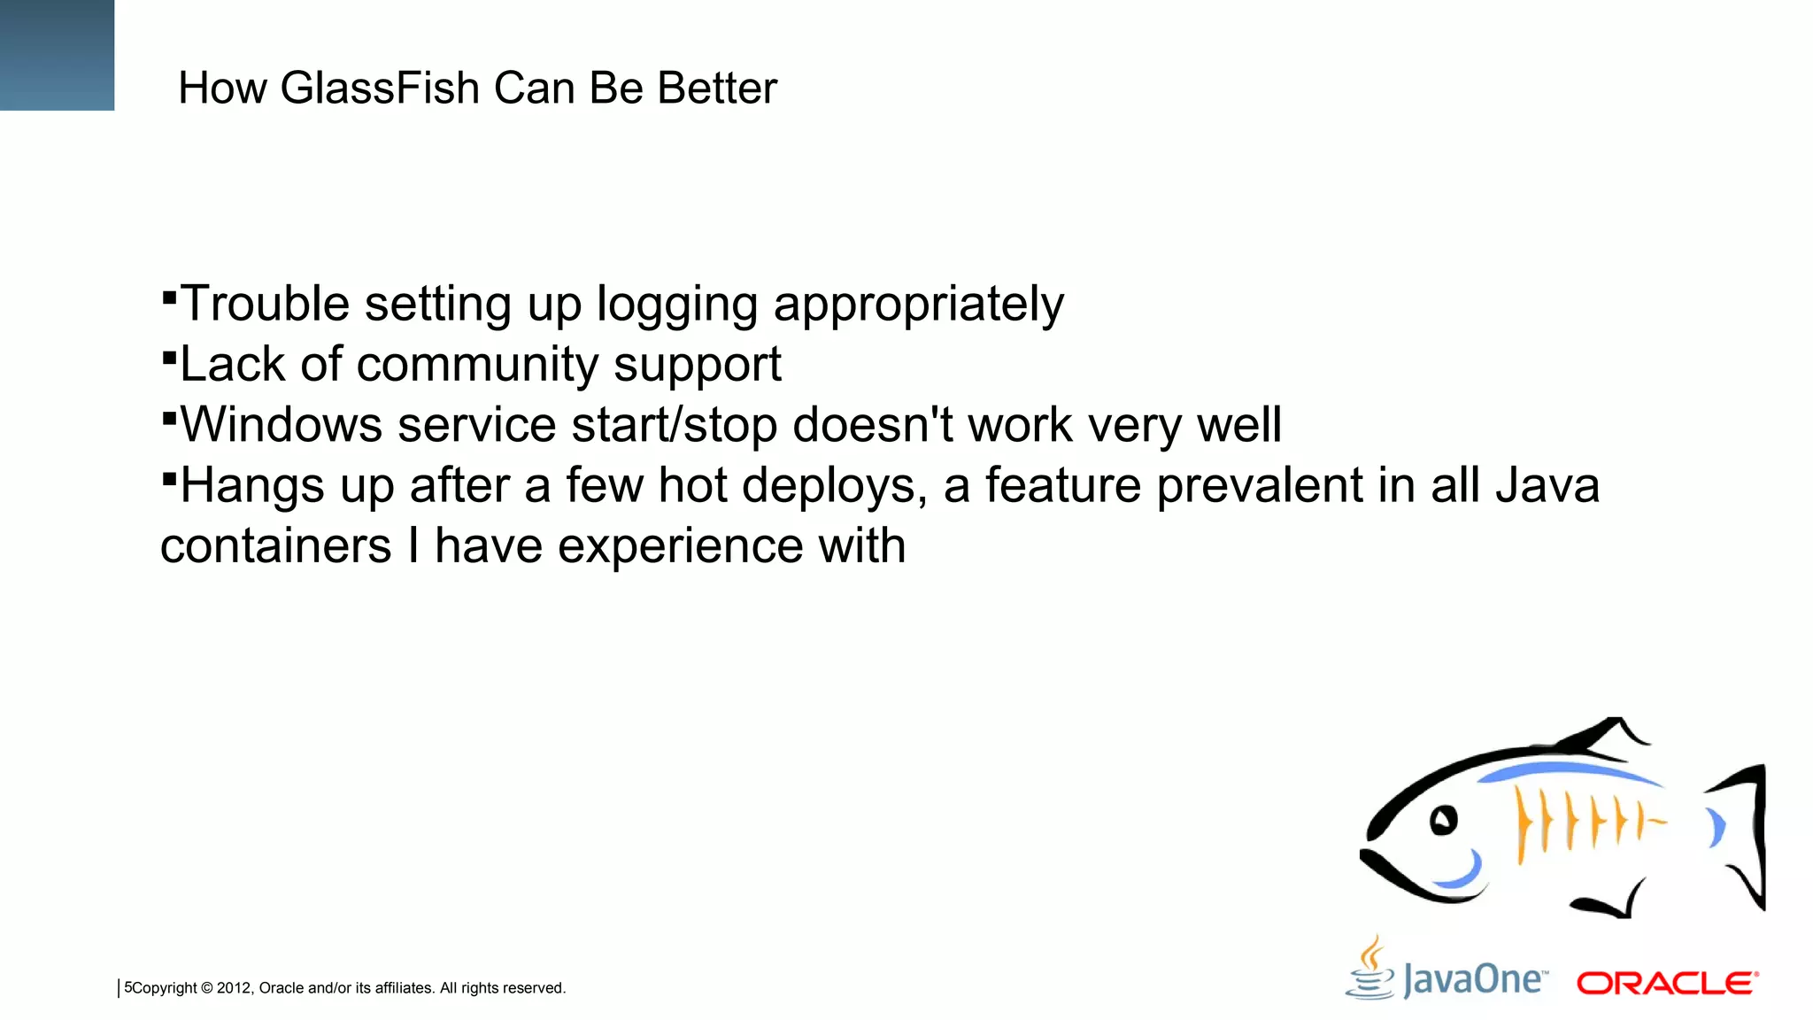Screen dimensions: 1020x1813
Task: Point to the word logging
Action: [676, 305]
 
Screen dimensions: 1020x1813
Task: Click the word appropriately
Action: [918, 305]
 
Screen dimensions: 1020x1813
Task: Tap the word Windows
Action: [282, 424]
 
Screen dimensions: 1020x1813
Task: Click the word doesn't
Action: [873, 424]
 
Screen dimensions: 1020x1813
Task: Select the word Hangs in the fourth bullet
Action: [252, 486]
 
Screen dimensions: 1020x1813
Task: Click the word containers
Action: [275, 545]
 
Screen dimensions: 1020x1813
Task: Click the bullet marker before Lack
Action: [169, 355]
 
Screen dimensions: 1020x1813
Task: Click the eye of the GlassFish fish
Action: [1443, 820]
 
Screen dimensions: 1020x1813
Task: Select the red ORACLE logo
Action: [1667, 983]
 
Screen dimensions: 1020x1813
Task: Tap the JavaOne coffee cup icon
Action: [1370, 970]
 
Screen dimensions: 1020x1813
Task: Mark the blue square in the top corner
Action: [57, 55]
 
